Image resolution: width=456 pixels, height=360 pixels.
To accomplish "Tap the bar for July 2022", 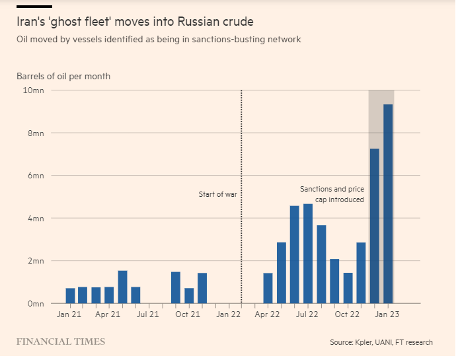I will pyautogui.click(x=308, y=254).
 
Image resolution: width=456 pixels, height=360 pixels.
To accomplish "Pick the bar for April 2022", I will pyautogui.click(x=268, y=288).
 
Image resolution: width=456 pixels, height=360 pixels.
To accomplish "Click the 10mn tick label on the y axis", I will pyautogui.click(x=33, y=90).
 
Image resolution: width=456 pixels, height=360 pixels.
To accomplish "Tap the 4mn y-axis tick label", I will pyautogui.click(x=35, y=219).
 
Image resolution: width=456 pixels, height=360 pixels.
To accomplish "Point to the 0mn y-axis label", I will pyautogui.click(x=35, y=304).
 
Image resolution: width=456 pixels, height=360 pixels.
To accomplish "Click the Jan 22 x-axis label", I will pyautogui.click(x=229, y=315).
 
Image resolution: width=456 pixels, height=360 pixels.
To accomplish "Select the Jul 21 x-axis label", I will pyautogui.click(x=149, y=315).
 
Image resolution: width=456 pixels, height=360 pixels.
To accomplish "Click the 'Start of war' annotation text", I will pyautogui.click(x=217, y=194).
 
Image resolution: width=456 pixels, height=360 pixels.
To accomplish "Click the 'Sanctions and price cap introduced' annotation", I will pyautogui.click(x=332, y=194).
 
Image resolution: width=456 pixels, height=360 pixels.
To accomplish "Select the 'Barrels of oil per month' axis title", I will pyautogui.click(x=63, y=76).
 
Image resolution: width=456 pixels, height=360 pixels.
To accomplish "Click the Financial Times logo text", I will pyautogui.click(x=61, y=342).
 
